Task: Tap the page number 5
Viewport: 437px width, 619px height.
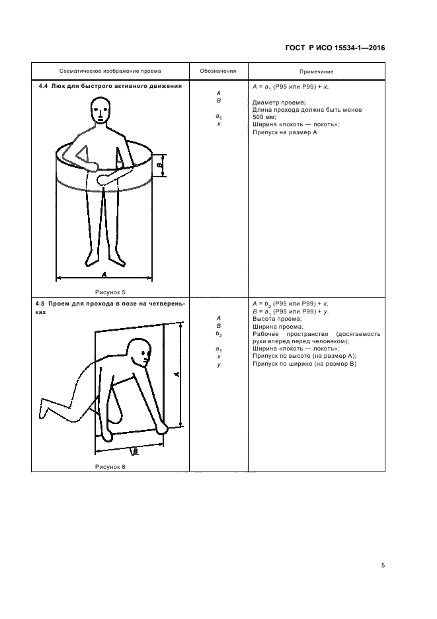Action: tap(383, 565)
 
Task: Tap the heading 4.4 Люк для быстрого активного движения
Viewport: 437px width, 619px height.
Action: tap(108, 86)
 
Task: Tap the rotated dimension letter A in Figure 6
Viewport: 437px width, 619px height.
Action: tap(177, 374)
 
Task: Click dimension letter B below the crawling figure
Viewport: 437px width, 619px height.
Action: tap(135, 450)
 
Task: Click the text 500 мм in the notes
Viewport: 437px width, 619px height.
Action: tap(263, 117)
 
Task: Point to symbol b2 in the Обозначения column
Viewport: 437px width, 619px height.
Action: tap(219, 335)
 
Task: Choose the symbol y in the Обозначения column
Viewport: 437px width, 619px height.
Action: tap(219, 364)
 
